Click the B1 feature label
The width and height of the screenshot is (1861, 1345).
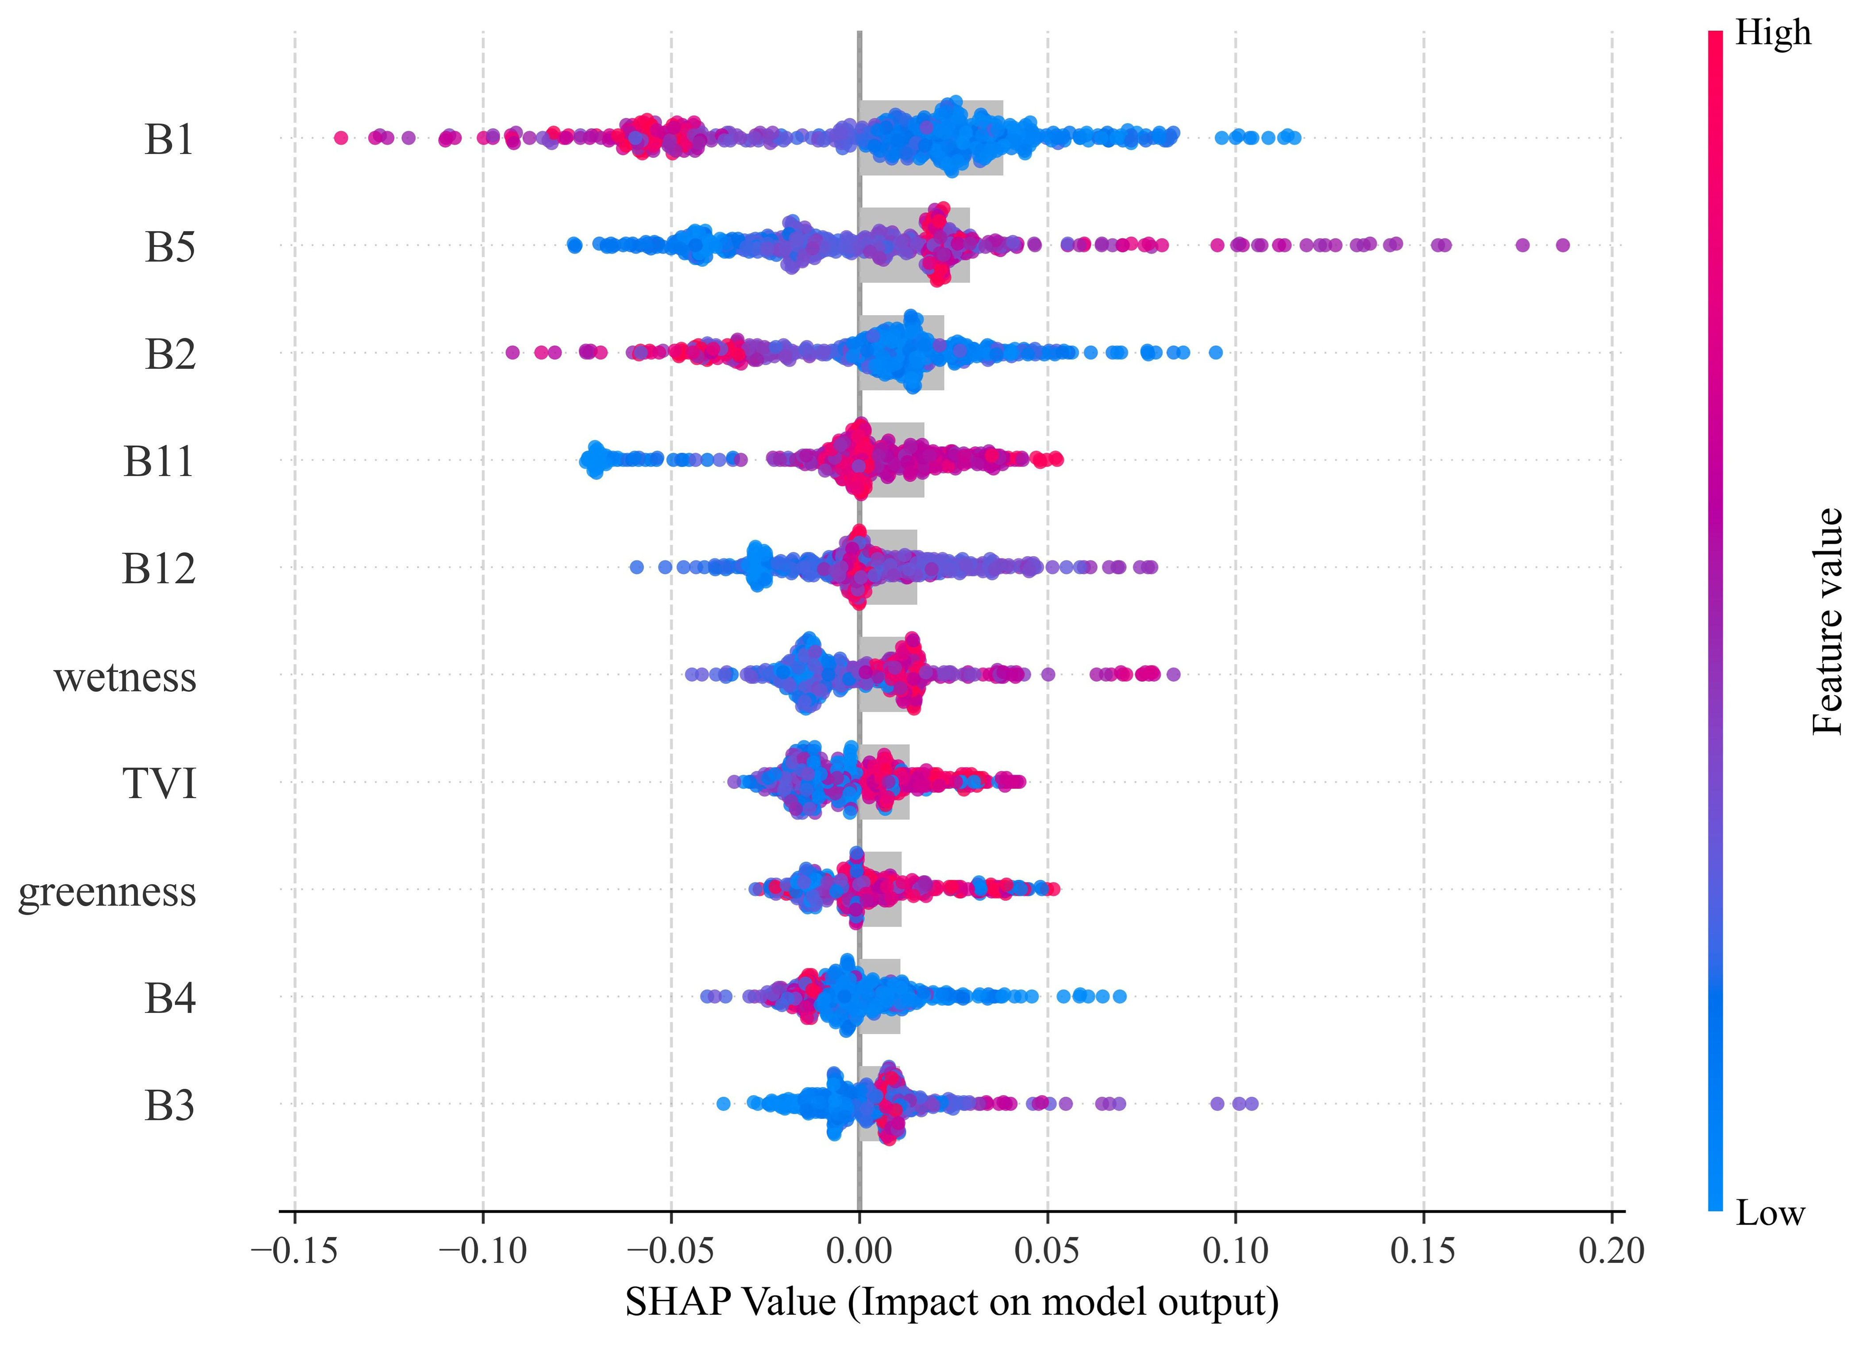point(170,139)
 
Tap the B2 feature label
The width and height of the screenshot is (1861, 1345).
point(170,355)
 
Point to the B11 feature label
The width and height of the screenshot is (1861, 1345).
point(159,461)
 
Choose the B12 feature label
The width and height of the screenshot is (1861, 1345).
point(159,569)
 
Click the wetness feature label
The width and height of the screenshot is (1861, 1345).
point(126,677)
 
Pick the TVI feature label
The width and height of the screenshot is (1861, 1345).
point(160,784)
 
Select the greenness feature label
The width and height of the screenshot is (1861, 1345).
point(108,891)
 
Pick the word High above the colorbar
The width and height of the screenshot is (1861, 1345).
point(1772,33)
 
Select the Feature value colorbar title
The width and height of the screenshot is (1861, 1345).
point(1828,621)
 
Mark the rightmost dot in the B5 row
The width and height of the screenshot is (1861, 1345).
point(1562,244)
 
